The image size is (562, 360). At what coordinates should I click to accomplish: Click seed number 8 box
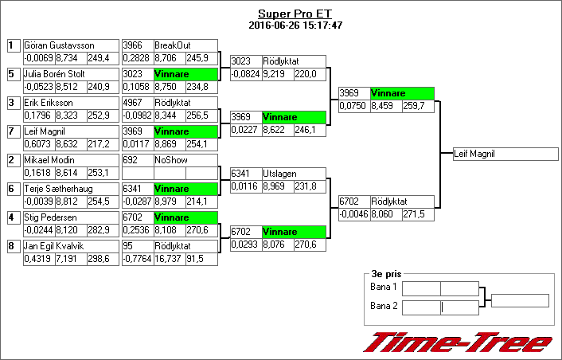point(12,246)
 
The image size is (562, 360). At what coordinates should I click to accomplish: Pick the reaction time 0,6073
point(38,144)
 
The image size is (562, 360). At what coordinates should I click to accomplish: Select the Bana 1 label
point(384,287)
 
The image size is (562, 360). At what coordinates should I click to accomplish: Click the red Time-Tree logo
point(458,342)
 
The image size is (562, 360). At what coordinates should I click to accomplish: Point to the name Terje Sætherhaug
point(55,189)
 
